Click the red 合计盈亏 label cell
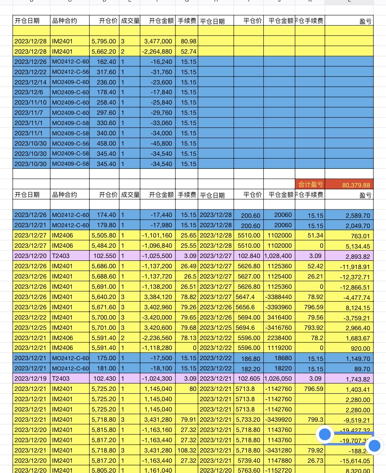point(310,184)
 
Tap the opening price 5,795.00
point(104,41)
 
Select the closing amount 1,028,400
point(279,256)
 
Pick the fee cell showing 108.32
point(187,451)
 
